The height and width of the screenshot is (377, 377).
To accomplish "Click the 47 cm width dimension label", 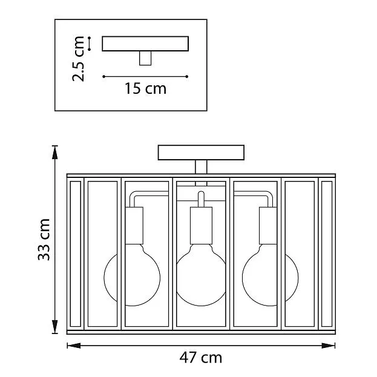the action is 201,358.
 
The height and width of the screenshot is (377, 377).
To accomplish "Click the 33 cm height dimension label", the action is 44,240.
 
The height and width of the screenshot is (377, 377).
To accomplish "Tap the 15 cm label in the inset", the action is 145,88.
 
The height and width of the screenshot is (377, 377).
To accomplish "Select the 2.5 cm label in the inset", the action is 78,59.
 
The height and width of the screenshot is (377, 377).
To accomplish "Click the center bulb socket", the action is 201,226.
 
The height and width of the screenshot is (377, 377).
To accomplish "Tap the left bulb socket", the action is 134,226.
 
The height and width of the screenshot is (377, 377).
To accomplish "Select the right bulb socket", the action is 268,226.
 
